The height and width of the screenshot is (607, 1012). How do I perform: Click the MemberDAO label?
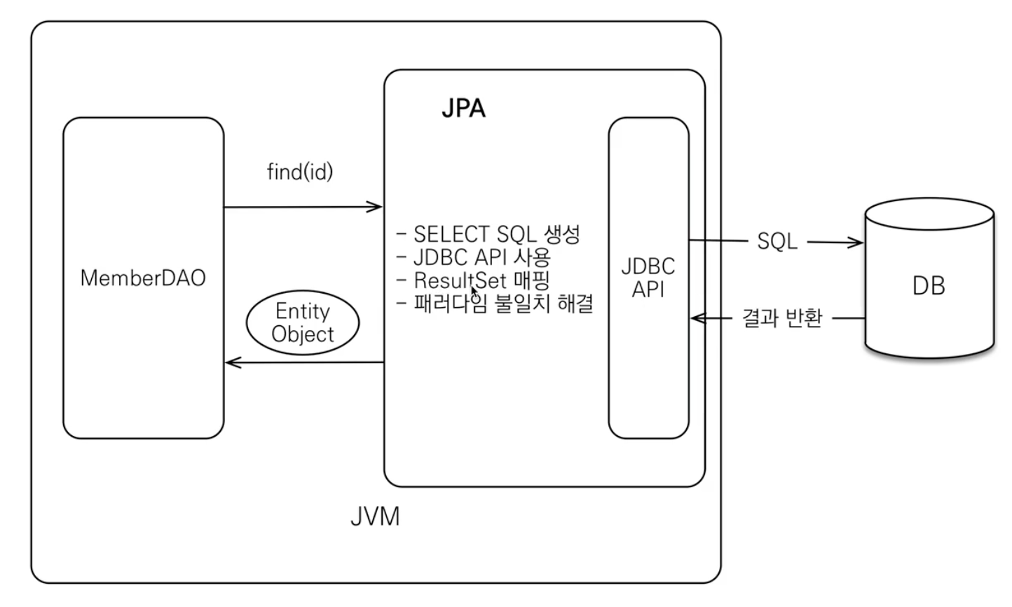tap(143, 278)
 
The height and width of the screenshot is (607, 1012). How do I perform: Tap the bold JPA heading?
tap(463, 109)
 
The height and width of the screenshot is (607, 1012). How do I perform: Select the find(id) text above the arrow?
tap(300, 172)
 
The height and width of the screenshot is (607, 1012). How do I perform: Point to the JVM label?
tap(375, 516)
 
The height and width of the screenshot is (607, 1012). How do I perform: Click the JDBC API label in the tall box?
tap(648, 278)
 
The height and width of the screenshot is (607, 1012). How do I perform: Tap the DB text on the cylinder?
tap(929, 286)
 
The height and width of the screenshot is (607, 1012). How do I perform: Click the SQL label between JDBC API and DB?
tap(777, 241)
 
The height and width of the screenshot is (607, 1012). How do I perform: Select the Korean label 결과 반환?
tap(782, 318)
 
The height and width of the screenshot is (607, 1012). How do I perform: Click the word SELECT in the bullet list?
tap(451, 234)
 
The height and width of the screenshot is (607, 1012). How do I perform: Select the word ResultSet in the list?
tap(460, 280)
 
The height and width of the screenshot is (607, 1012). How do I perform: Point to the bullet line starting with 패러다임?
tap(495, 303)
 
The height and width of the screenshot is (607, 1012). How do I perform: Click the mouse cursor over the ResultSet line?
tap(474, 292)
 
